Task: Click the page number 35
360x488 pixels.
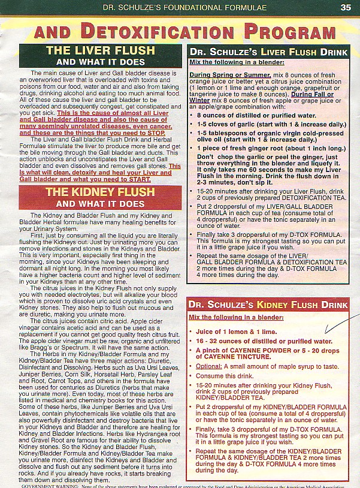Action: pos(346,7)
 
